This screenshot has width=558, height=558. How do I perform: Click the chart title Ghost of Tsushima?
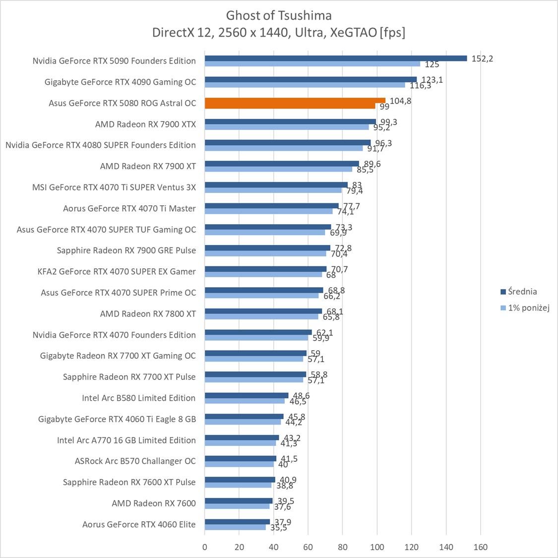point(279,15)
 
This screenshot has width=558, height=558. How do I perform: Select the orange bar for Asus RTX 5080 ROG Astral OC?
point(295,100)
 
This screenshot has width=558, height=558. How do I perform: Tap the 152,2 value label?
point(483,59)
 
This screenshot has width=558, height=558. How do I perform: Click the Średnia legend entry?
point(518,292)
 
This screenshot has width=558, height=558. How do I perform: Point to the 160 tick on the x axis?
point(481,547)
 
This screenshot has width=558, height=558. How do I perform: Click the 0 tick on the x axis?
point(205,547)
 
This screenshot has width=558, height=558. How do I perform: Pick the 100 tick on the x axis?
point(377,547)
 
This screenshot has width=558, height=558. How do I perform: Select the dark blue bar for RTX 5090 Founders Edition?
point(336,58)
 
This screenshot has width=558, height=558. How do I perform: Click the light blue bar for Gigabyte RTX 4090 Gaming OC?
point(305,85)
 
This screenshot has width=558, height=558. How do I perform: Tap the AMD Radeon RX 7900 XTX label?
point(145,124)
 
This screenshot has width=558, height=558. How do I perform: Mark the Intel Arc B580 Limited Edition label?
point(139,398)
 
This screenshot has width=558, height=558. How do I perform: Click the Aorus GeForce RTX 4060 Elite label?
point(139,524)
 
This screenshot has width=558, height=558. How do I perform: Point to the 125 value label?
point(432,64)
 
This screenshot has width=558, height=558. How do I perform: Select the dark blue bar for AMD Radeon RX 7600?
point(239,500)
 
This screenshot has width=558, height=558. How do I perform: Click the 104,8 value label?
point(400,101)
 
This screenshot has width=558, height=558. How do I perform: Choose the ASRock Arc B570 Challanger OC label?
point(135,461)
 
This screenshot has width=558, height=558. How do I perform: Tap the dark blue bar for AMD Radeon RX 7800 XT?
point(263,311)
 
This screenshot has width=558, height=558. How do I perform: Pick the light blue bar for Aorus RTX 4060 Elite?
point(235,527)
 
